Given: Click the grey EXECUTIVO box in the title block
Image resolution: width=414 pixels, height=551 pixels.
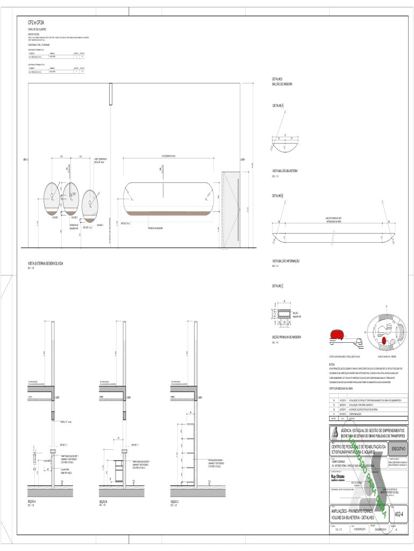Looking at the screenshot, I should (399, 448).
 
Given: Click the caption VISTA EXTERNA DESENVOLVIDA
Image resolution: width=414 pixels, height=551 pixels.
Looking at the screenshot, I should (46, 264).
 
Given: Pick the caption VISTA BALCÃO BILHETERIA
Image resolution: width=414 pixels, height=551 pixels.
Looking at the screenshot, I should (285, 171).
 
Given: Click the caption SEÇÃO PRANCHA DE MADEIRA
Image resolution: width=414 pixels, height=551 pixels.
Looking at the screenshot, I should (287, 337).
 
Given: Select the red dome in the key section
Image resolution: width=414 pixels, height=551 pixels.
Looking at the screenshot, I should (337, 335).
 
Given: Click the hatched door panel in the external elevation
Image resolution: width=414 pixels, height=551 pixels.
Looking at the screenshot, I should (232, 210).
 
